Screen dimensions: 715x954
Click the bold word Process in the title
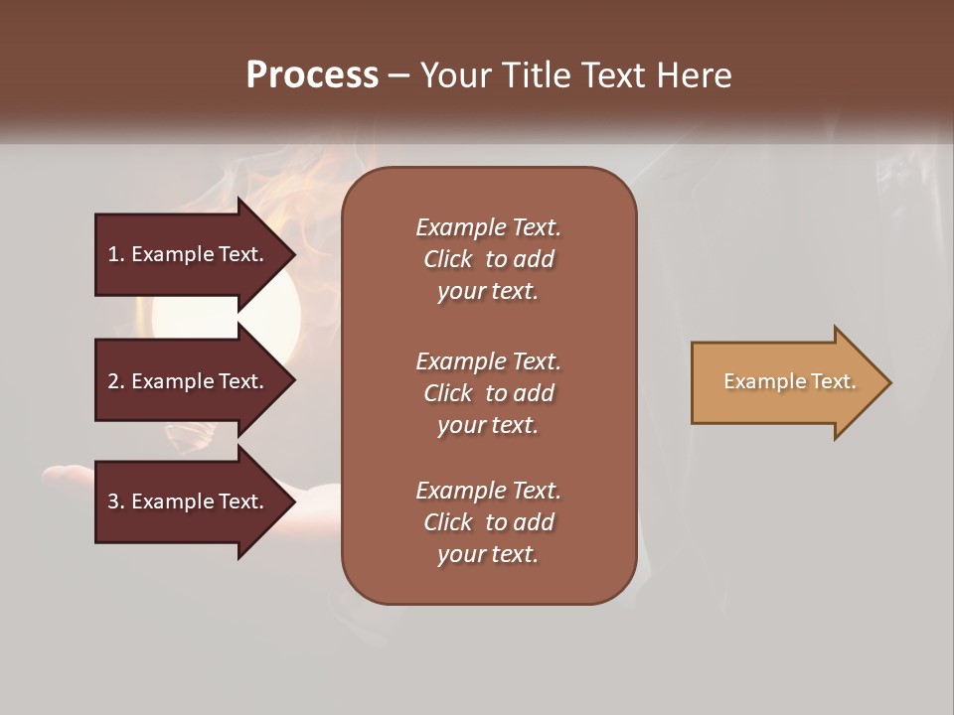point(312,75)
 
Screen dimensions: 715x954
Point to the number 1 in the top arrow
point(113,254)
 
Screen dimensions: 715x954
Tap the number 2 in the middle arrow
point(113,381)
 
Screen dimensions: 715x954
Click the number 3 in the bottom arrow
point(113,501)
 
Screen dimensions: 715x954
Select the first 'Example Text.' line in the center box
point(488,227)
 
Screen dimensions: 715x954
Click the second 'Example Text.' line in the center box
point(488,360)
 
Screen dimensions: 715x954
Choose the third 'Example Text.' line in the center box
point(488,491)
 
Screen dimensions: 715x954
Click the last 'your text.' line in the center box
point(488,554)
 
